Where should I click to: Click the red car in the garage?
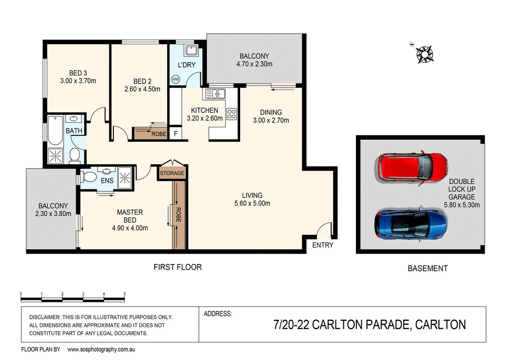pyautogui.click(x=412, y=167)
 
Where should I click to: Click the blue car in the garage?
pyautogui.click(x=411, y=223)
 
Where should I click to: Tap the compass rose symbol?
pyautogui.click(x=424, y=54)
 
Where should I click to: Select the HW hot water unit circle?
pyautogui.click(x=175, y=79)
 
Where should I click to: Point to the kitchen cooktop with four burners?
pyautogui.click(x=232, y=114)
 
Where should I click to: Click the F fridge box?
pyautogui.click(x=175, y=134)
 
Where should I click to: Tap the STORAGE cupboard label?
pyautogui.click(x=172, y=174)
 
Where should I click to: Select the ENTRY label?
pyautogui.click(x=323, y=245)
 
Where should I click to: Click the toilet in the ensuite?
pyautogui.click(x=89, y=177)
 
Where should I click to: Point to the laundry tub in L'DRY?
pyautogui.click(x=191, y=50)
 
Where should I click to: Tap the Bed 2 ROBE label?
pyautogui.click(x=159, y=134)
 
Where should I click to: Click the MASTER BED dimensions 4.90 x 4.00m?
pyautogui.click(x=130, y=228)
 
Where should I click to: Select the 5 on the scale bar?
pyautogui.click(x=125, y=294)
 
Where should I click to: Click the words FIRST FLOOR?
pyautogui.click(x=177, y=268)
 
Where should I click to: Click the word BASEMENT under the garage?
pyautogui.click(x=427, y=269)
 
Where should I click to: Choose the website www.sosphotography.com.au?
pyautogui.click(x=101, y=350)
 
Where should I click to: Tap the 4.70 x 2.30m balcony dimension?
pyautogui.click(x=254, y=64)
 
